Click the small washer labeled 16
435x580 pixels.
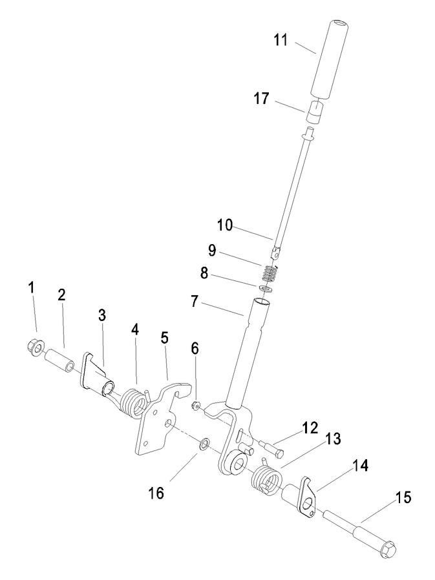point(204,444)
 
